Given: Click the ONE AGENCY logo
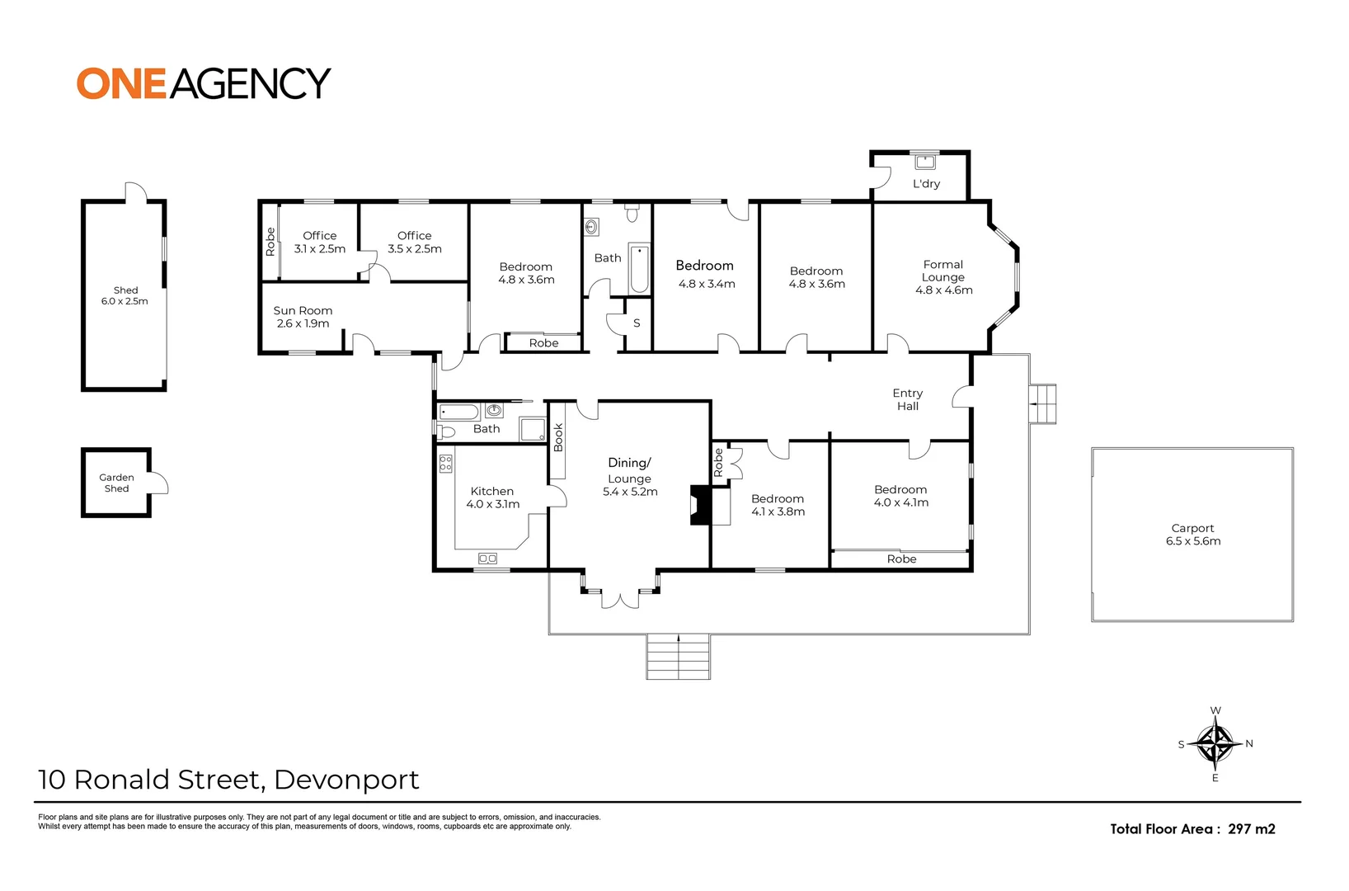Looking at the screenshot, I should (x=204, y=83).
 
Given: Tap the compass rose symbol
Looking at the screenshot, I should (x=1215, y=742).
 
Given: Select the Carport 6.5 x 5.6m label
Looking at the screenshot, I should (x=1192, y=535).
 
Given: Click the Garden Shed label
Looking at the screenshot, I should (x=116, y=483).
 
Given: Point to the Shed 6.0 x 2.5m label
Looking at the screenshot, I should (x=125, y=295).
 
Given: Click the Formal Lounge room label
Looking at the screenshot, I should (x=943, y=277).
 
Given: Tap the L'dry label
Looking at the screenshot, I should (x=926, y=184).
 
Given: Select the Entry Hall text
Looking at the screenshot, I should (x=907, y=399).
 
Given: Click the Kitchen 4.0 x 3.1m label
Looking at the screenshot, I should (x=492, y=497).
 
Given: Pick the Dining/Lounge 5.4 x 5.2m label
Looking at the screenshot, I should (x=630, y=478).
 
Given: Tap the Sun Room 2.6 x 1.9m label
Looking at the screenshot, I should (x=303, y=317).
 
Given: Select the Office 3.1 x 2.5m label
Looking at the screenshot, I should (x=320, y=242).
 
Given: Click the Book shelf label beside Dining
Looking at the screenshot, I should (x=558, y=437).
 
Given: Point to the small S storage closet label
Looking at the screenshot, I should (x=637, y=323).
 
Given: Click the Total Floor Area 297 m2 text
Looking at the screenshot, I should (x=1192, y=829).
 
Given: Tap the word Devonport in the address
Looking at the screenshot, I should (x=346, y=779).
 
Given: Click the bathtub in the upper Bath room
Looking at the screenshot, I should (x=639, y=268).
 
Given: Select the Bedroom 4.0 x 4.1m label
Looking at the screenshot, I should (x=900, y=496).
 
